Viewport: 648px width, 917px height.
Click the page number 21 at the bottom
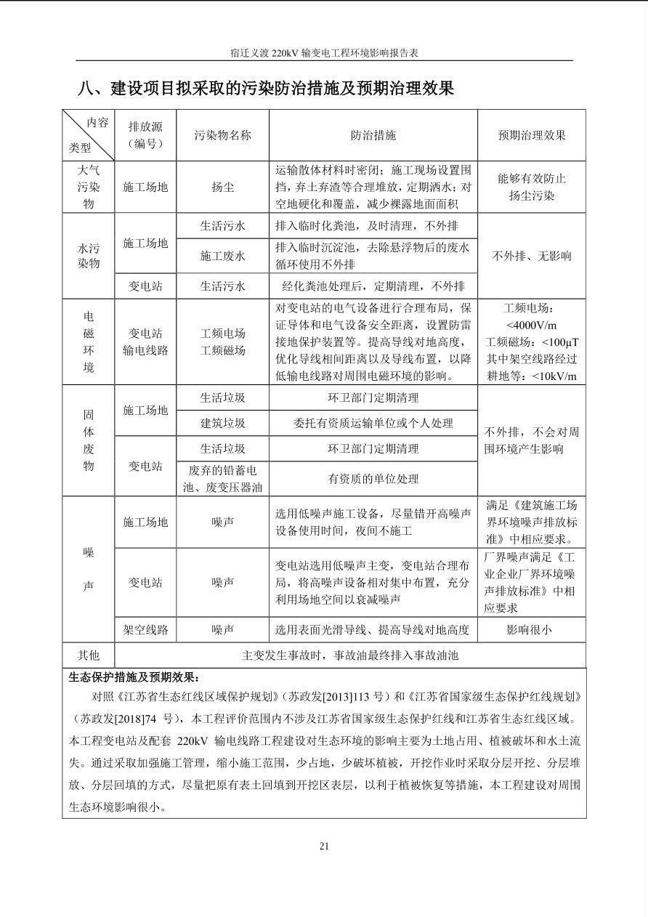coord(324,846)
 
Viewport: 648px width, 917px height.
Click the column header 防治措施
coord(373,135)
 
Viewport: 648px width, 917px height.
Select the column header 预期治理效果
coord(531,135)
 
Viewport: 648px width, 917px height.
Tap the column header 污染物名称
coord(222,135)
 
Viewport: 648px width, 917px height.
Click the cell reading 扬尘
coord(222,187)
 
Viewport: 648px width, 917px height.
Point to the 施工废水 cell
coord(222,256)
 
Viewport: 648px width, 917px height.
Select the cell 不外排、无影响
coord(531,256)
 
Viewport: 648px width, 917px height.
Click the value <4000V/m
coord(531,325)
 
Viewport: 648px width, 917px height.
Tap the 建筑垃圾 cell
coord(222,423)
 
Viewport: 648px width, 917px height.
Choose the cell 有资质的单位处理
coord(373,479)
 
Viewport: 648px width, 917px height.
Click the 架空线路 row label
coord(145,630)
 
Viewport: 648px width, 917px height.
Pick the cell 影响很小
coord(531,630)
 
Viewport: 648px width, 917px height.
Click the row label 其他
coord(89,655)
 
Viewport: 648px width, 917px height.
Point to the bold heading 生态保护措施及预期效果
coord(134,677)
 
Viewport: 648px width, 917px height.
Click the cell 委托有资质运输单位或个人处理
coord(373,423)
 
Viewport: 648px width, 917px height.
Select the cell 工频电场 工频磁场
coord(222,342)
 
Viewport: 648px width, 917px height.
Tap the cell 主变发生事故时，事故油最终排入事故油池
coord(350,655)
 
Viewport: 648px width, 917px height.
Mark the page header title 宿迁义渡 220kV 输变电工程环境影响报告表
coord(324,53)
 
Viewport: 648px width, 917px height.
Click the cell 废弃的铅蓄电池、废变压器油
coord(222,479)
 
